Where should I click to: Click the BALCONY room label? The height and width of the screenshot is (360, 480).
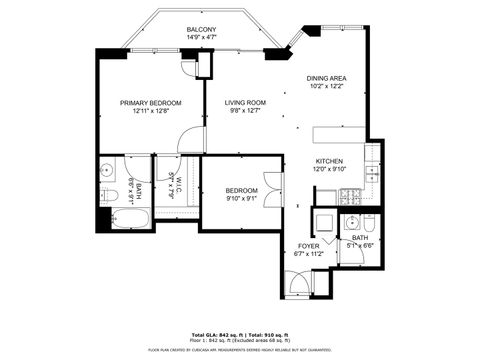tap(201, 30)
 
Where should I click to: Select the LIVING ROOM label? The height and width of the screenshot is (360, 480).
tap(244, 102)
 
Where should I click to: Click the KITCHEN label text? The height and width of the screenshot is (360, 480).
tap(330, 161)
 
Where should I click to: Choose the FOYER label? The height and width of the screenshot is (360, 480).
tap(308, 246)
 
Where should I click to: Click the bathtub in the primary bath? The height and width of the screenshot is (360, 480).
tap(125, 221)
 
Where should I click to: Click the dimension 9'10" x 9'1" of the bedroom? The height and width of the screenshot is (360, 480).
tap(240, 198)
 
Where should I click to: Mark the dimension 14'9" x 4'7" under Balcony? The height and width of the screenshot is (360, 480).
tap(201, 38)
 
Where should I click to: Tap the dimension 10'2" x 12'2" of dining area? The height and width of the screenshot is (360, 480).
tap(326, 86)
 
